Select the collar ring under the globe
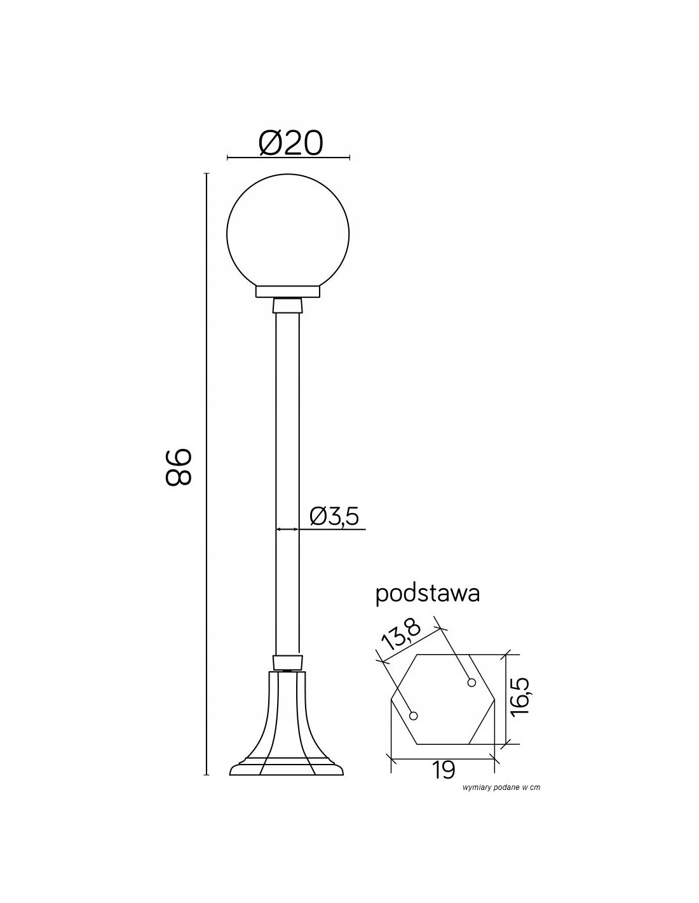pyautogui.click(x=288, y=291)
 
